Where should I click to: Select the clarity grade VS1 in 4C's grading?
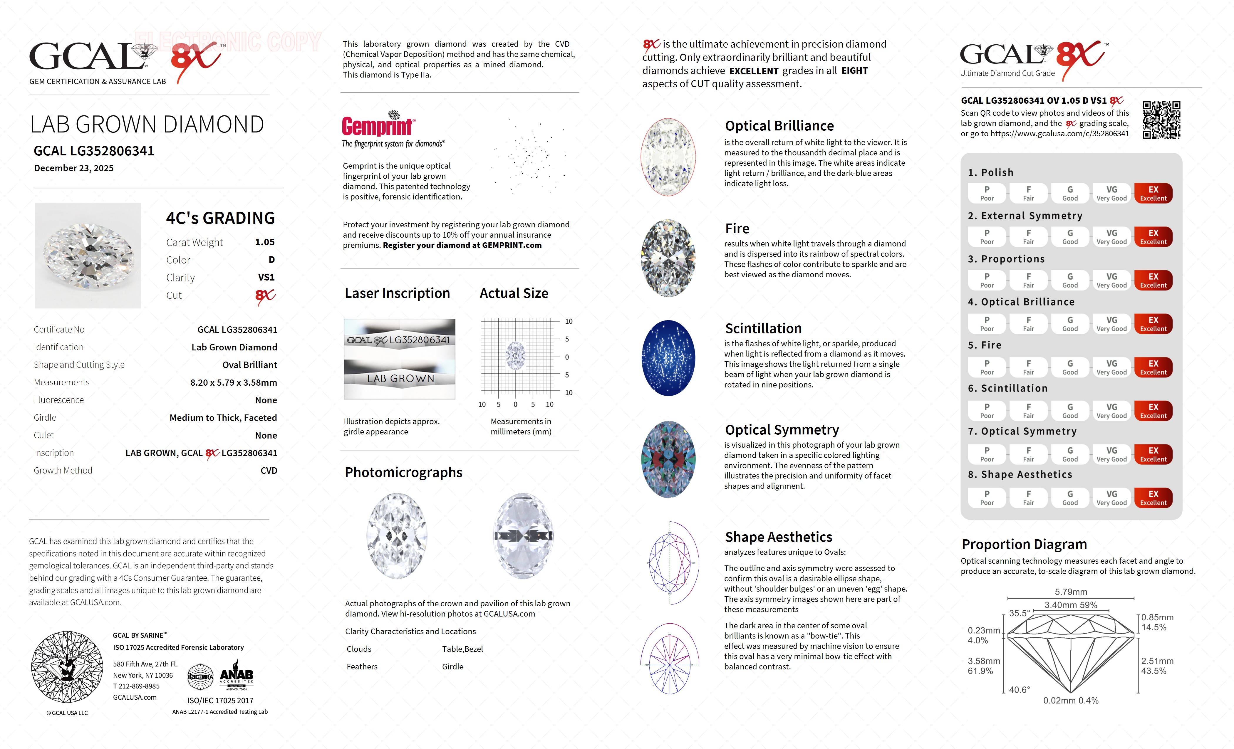point(266,277)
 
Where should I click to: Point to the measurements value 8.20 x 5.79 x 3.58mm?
point(233,382)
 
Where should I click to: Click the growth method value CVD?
point(269,471)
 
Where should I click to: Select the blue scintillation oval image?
point(668,358)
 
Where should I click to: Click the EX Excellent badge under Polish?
point(1153,193)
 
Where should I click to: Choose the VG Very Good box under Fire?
point(1111,367)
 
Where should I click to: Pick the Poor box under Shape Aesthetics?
point(987,498)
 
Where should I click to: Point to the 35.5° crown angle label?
point(1019,613)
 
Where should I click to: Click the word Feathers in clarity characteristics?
point(362,667)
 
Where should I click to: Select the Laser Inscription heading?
point(397,293)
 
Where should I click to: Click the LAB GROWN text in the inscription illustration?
point(400,379)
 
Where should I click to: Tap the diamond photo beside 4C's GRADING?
point(88,255)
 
